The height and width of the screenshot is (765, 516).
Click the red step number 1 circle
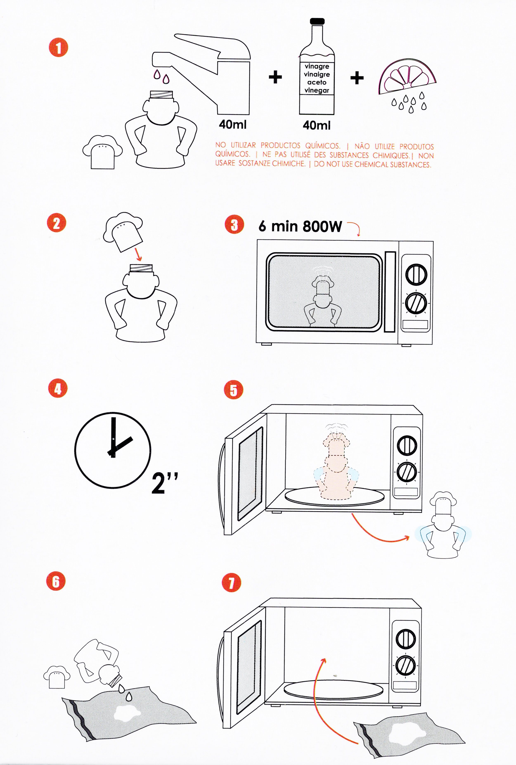(58, 48)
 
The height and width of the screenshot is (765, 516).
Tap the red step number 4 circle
(58, 389)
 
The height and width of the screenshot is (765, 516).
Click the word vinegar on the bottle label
(317, 90)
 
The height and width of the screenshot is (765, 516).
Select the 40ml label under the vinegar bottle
(316, 125)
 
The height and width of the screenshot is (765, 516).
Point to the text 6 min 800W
(300, 227)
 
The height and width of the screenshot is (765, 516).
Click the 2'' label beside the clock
(165, 483)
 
